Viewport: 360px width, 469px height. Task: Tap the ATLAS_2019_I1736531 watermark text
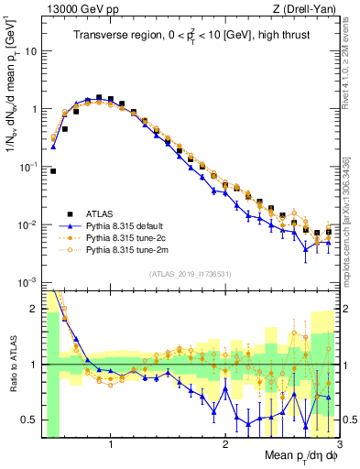(190, 274)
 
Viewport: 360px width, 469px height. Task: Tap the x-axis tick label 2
(225, 445)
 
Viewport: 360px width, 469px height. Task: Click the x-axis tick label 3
(338, 445)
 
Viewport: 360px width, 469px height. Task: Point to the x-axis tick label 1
(111, 445)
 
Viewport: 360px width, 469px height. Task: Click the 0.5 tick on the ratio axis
(29, 420)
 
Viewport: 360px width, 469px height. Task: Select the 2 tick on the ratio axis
(34, 309)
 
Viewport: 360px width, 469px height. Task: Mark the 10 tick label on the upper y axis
(30, 51)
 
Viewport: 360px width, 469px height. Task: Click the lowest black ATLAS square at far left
(53, 170)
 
